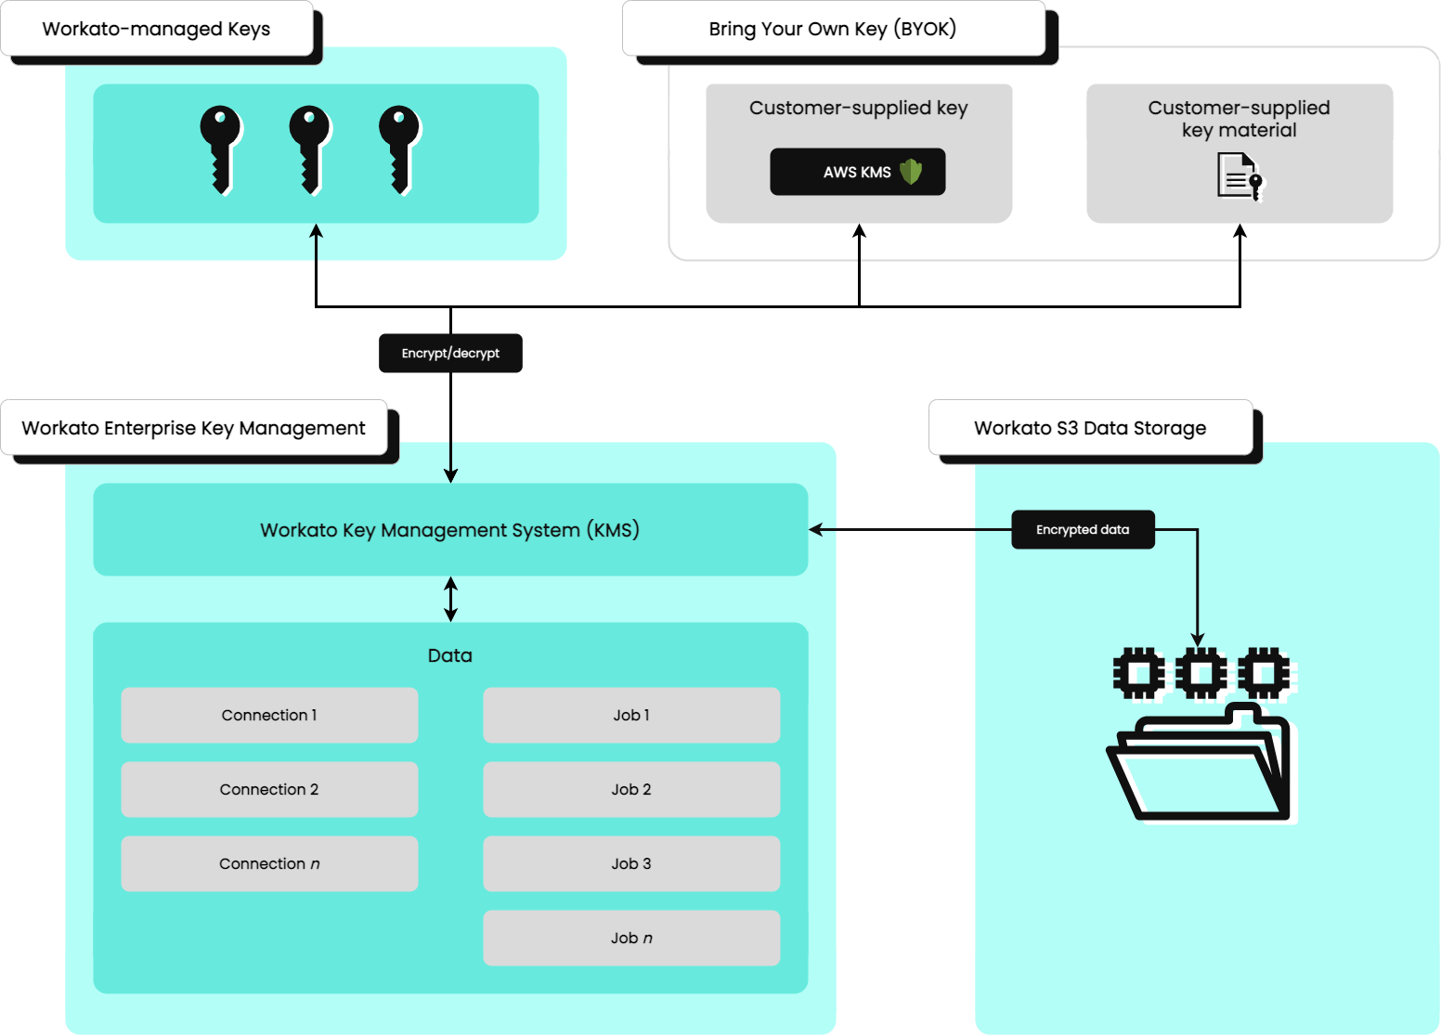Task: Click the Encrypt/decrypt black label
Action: point(450,353)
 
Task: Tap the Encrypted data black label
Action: point(1083,529)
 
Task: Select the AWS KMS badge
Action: point(857,172)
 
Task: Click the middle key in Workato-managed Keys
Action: point(309,149)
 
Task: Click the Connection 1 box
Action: point(269,715)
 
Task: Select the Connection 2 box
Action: point(269,789)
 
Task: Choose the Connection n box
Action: point(269,863)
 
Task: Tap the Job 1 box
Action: point(631,715)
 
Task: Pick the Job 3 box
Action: point(631,863)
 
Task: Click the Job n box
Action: point(631,938)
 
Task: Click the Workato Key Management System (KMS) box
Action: point(450,529)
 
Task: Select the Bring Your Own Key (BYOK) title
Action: point(833,29)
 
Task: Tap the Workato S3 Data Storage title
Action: point(1090,428)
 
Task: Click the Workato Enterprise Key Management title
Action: point(193,428)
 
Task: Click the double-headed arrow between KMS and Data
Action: point(450,599)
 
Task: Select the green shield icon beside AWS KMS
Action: point(911,172)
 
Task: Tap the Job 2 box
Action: point(631,789)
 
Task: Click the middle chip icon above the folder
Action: point(1201,673)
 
